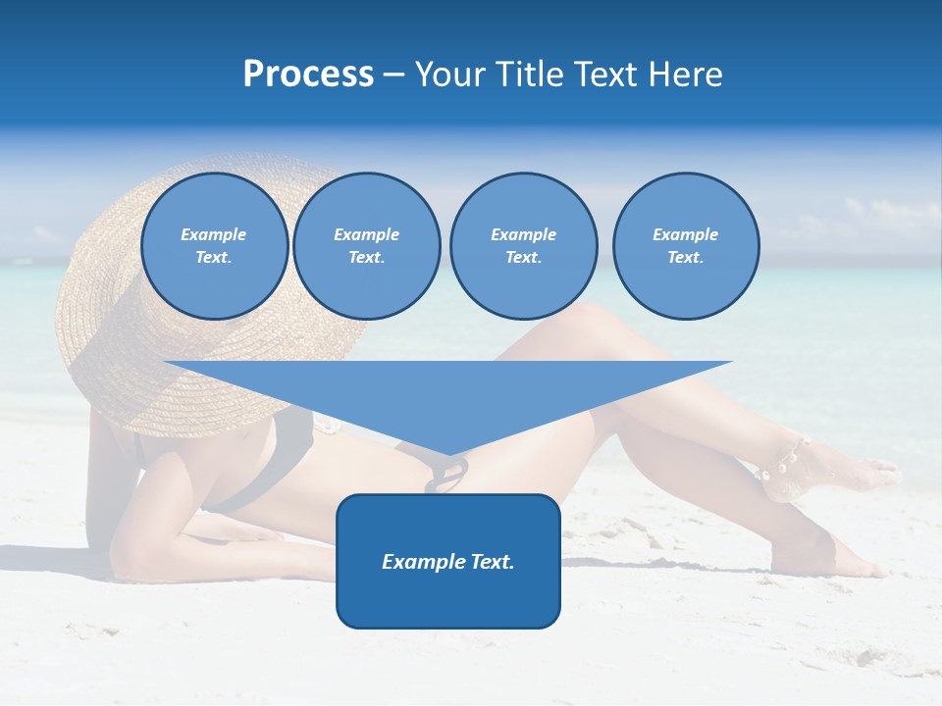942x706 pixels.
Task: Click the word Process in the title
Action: tap(308, 75)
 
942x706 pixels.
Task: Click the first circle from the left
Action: tap(215, 246)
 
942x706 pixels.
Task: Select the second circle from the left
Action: tap(366, 246)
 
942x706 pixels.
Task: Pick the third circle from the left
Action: tap(523, 246)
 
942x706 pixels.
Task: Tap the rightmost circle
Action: tap(686, 246)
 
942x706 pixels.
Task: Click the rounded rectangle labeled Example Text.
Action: tap(448, 560)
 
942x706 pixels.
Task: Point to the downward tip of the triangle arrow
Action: tap(448, 452)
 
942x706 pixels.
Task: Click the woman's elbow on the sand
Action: tap(128, 559)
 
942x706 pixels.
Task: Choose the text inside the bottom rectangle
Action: tap(448, 562)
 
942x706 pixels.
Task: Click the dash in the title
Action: tap(394, 75)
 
